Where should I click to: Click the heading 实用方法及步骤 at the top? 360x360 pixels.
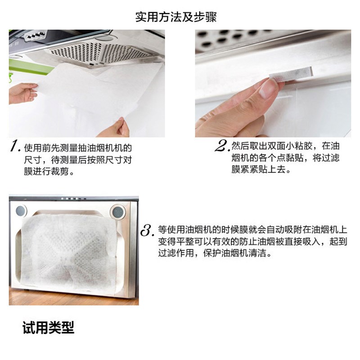pos(176,17)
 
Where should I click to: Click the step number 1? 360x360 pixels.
pos(15,146)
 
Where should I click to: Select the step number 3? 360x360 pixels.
pos(147,230)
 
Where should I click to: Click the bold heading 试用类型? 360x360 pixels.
pos(48,328)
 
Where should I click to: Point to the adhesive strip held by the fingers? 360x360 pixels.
pos(291,74)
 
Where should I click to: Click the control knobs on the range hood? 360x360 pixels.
pos(36,35)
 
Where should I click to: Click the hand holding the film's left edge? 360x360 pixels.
pos(23,93)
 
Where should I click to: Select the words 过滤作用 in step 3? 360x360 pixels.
pos(176,253)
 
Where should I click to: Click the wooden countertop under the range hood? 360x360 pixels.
pos(74,297)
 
